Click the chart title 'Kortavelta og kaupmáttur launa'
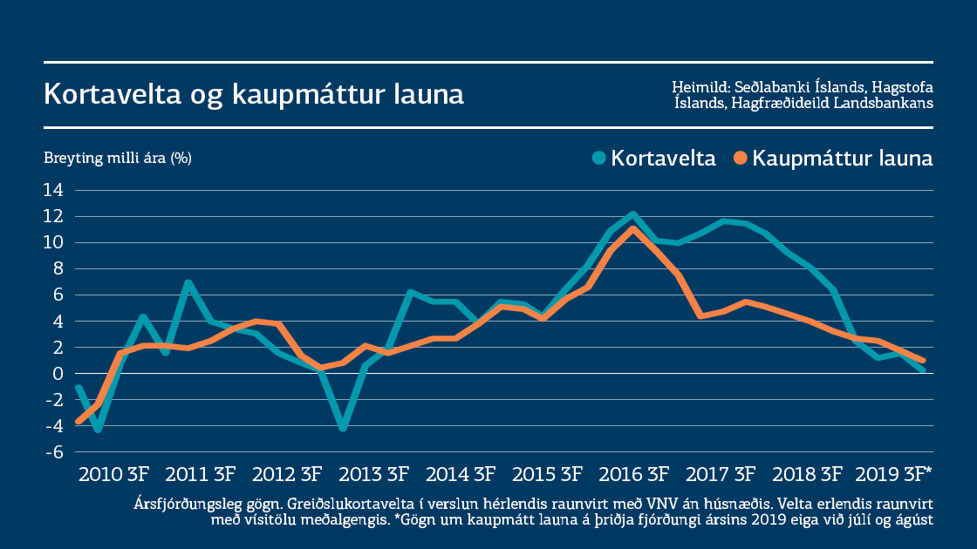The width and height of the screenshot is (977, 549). coord(254,94)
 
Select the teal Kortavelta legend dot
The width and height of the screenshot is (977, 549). coord(598,159)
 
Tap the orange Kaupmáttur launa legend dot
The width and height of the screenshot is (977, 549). coord(741,159)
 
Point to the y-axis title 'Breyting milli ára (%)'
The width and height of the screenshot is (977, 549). coord(118,158)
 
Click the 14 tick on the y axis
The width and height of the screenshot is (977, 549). coord(54,190)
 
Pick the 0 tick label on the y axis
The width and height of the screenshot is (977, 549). coord(58,373)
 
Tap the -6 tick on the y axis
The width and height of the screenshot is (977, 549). coord(54,452)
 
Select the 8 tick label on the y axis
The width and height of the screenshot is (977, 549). coord(58,268)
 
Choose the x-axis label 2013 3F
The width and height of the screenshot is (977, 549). coord(374,475)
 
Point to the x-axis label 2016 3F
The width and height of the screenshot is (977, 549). coord(634,475)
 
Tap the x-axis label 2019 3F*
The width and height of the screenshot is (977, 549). coord(894,475)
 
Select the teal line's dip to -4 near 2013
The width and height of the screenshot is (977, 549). coord(344,428)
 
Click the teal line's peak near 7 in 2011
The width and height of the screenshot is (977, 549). coord(188,282)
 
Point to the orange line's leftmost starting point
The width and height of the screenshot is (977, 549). coord(79,421)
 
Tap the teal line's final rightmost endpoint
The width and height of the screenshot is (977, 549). coord(923,370)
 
